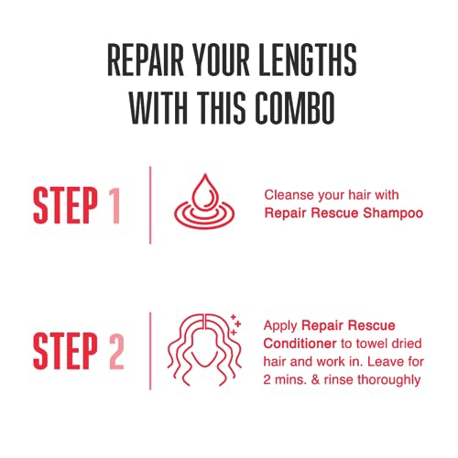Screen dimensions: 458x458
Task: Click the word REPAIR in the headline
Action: (146, 60)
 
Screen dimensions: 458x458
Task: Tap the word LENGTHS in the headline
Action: (307, 60)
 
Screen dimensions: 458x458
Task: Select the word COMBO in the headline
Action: (295, 108)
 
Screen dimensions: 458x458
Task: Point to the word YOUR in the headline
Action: (222, 60)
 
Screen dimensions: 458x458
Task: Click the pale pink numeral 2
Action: (116, 351)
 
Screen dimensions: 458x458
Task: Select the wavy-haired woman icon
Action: (202, 350)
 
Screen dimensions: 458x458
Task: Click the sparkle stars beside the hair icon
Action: (235, 324)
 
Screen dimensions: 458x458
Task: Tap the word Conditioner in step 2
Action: (300, 343)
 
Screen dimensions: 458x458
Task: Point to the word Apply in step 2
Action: (280, 326)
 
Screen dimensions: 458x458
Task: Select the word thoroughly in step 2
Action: (388, 380)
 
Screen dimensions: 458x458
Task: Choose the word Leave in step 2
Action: (383, 362)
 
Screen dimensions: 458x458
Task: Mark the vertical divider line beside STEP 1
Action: (150, 205)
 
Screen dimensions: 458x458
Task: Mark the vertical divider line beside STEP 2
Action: (150, 351)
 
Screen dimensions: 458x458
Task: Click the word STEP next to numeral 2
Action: (65, 351)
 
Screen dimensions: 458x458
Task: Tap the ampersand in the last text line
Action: (315, 380)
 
